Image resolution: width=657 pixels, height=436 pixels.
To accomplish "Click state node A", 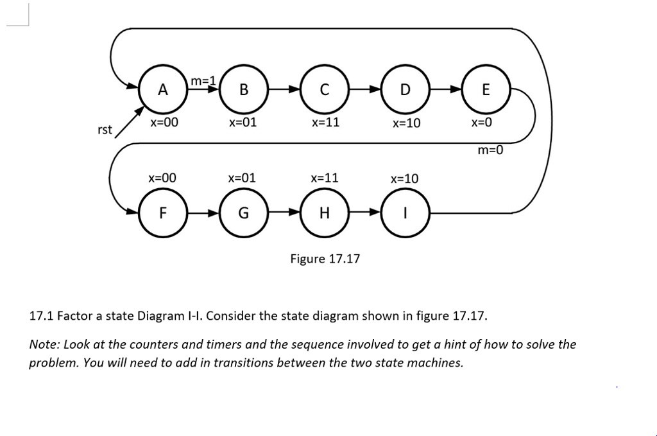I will pos(163,90).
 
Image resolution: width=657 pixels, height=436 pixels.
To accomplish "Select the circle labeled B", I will pos(243,90).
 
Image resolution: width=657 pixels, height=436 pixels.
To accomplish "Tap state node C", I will pos(324,90).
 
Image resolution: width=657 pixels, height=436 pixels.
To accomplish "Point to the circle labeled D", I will pos(404,90).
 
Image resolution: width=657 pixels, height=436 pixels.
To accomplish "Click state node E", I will pos(485,90).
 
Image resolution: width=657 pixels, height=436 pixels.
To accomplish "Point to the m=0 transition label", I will pos(490,151).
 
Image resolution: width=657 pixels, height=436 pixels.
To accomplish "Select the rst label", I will pos(105,130).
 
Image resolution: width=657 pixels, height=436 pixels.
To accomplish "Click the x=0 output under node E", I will pos(481,123).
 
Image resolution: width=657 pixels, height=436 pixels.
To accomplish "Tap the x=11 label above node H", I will pos(324,177).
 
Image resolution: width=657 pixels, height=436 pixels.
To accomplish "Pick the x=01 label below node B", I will pos(243,122).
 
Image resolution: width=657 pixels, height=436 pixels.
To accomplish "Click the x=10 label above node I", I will pos(404,178).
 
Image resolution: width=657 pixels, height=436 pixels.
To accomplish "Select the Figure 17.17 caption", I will pos(325,259).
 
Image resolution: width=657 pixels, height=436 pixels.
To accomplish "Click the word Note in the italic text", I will pos(44,344).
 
